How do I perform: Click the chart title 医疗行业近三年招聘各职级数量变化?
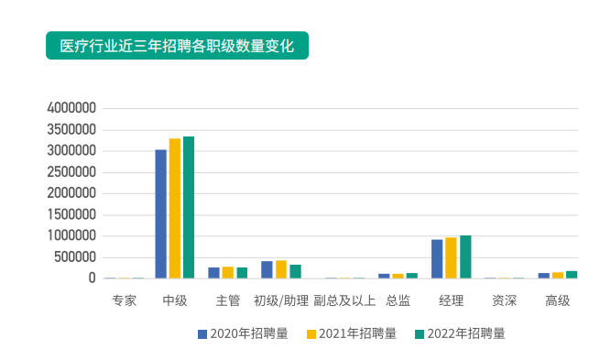click(x=177, y=46)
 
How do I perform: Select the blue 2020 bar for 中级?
click(x=161, y=213)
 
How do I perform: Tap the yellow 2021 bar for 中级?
click(x=175, y=208)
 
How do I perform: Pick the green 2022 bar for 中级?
click(x=189, y=207)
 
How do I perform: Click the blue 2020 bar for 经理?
click(x=437, y=258)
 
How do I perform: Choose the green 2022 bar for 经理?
click(x=465, y=256)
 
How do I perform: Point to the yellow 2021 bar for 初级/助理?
click(x=281, y=269)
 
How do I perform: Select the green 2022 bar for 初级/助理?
click(x=295, y=271)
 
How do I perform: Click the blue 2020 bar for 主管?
click(x=213, y=272)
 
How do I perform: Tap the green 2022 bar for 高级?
click(x=572, y=274)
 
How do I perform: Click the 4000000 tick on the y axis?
click(x=71, y=108)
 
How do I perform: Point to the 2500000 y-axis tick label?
click(x=71, y=172)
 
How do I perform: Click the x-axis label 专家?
click(x=124, y=300)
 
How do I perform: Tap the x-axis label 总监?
click(x=398, y=300)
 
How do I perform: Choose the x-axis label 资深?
click(x=504, y=300)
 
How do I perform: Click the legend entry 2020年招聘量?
click(x=243, y=333)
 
